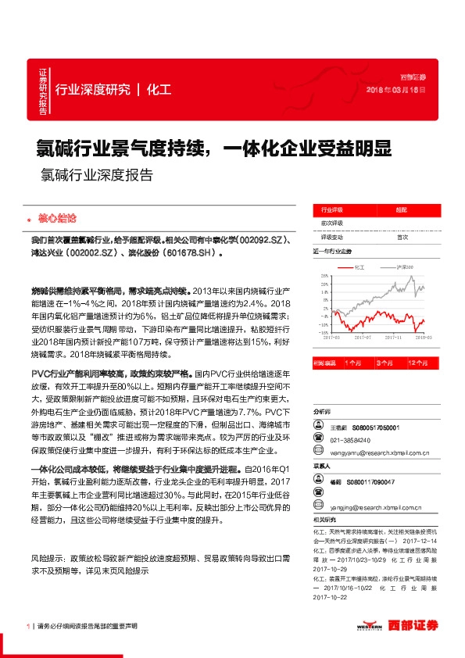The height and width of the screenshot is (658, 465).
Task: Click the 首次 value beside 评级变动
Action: click(x=402, y=237)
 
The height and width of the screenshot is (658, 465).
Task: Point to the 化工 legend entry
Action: click(x=358, y=266)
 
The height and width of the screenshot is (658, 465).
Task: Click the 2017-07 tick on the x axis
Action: click(x=361, y=338)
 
